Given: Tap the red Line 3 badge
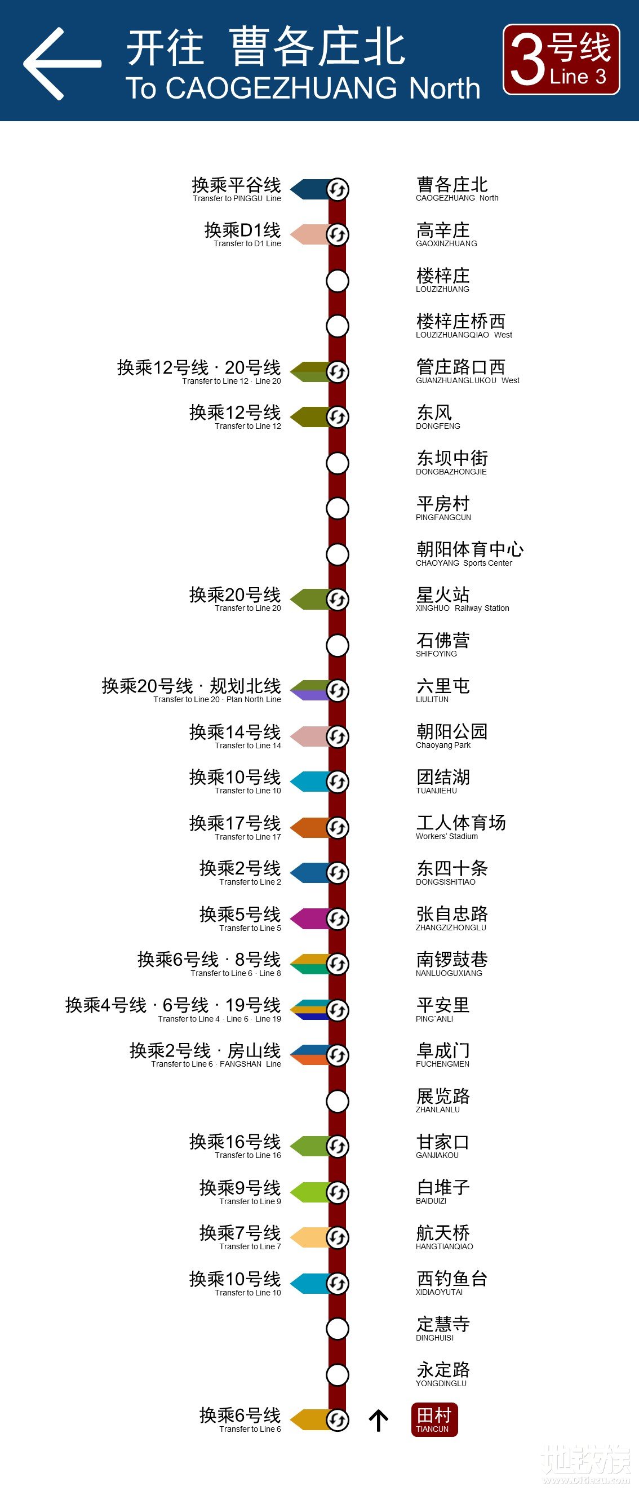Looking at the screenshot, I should tap(561, 60).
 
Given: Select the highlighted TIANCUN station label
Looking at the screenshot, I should tap(434, 1419).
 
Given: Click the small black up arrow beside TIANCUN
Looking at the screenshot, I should tap(379, 1420).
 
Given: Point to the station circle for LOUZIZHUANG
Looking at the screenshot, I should tap(338, 281).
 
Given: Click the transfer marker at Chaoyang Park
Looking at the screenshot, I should tap(338, 736).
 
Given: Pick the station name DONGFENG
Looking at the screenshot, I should tap(438, 417).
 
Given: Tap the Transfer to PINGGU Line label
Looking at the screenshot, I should tap(236, 189).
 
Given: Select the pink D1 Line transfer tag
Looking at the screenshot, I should tap(308, 234).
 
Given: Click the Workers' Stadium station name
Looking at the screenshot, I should tap(460, 827).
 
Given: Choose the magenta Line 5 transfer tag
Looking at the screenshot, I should tap(308, 918).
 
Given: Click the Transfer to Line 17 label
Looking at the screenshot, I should tap(235, 827).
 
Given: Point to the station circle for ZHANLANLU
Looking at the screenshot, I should tap(338, 1101).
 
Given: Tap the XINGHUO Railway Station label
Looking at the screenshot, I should tap(462, 599).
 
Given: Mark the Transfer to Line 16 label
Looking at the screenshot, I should tap(235, 1146).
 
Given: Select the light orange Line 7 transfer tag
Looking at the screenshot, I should tap(308, 1237).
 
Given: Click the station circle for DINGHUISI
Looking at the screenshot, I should tap(338, 1329).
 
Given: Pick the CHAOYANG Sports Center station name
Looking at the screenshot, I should tap(469, 553).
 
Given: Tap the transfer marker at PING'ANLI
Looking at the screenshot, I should tap(338, 1010).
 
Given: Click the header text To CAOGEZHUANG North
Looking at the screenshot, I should tap(303, 88).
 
